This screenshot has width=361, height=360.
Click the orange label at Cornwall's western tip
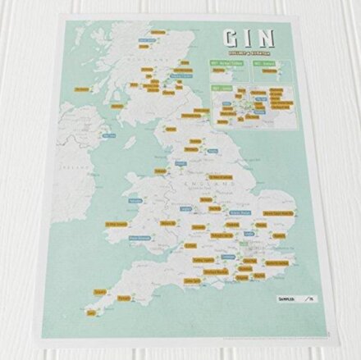(x=100, y=290)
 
